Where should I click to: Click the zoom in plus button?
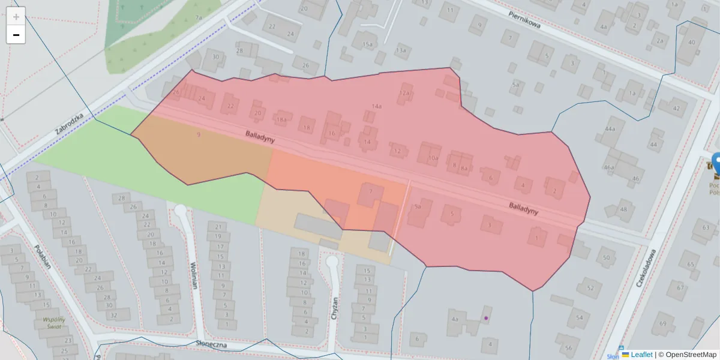tap(16, 16)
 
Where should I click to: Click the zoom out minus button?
tap(16, 35)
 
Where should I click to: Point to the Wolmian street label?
tap(194, 275)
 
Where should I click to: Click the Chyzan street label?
tap(335, 309)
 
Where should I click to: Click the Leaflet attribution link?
tap(641, 355)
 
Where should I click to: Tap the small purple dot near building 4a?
tap(486, 318)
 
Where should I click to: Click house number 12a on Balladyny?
tap(404, 93)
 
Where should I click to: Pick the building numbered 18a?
tap(281, 119)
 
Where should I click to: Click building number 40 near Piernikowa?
tap(691, 42)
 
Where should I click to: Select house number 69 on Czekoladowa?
tap(662, 323)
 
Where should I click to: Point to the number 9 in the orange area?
tap(198, 134)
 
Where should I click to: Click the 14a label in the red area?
tap(376, 106)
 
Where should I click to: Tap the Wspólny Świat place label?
tap(53, 323)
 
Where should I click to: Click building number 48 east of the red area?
tap(623, 209)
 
